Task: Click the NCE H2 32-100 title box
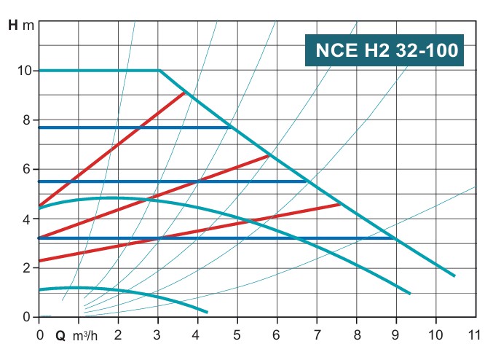point(387,50)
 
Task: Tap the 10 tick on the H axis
point(24,71)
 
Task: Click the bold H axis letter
point(13,25)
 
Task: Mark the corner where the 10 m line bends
point(159,71)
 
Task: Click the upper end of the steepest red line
point(185,93)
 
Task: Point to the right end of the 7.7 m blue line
point(230,128)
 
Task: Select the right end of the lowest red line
point(340,205)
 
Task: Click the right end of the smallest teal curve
point(207,312)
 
